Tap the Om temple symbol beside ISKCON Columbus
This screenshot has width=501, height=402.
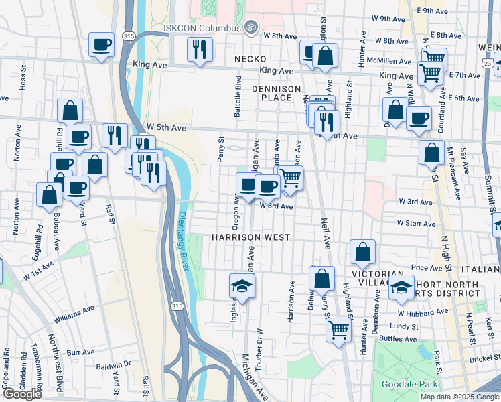coord(251,27)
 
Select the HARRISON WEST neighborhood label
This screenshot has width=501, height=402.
coord(250,237)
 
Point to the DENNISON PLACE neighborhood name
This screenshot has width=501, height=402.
coord(272,93)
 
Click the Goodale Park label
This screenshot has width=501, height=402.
coord(409,384)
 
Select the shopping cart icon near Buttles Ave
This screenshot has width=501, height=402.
coord(339,330)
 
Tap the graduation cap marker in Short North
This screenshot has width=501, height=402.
coord(401,288)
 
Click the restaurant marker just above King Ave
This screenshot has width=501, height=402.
coord(200,50)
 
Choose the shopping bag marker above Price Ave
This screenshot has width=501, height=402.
coord(362,253)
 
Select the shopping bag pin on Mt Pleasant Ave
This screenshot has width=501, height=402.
coord(432,152)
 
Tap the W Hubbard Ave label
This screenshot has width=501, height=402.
coord(423,312)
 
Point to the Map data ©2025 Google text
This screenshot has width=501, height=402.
coord(460,397)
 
